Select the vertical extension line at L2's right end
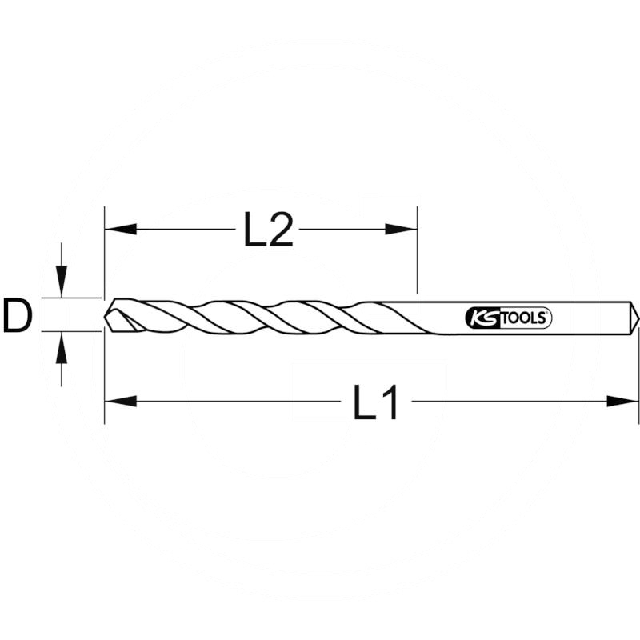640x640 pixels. pos(417,256)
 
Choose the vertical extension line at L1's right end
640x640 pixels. pos(638,376)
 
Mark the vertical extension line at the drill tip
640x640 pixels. pos(104,256)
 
